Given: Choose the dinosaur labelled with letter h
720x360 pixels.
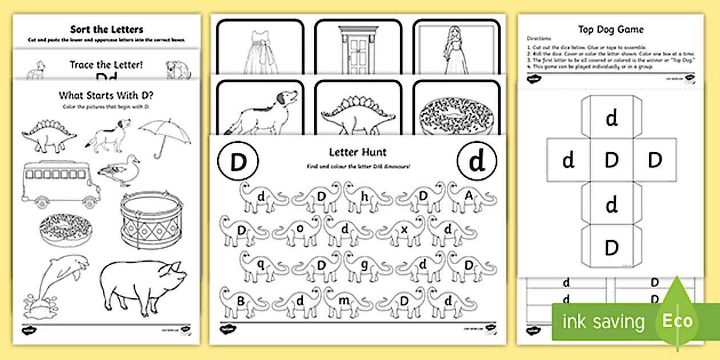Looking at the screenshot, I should point(363,197).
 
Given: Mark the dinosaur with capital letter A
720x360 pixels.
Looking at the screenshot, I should point(469,197).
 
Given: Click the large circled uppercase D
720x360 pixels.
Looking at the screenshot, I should point(238,163).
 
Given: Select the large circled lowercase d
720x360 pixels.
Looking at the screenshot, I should point(476,163).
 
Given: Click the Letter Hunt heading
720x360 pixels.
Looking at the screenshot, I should point(358,152).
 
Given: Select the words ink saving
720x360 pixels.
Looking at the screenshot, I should point(602,321).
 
